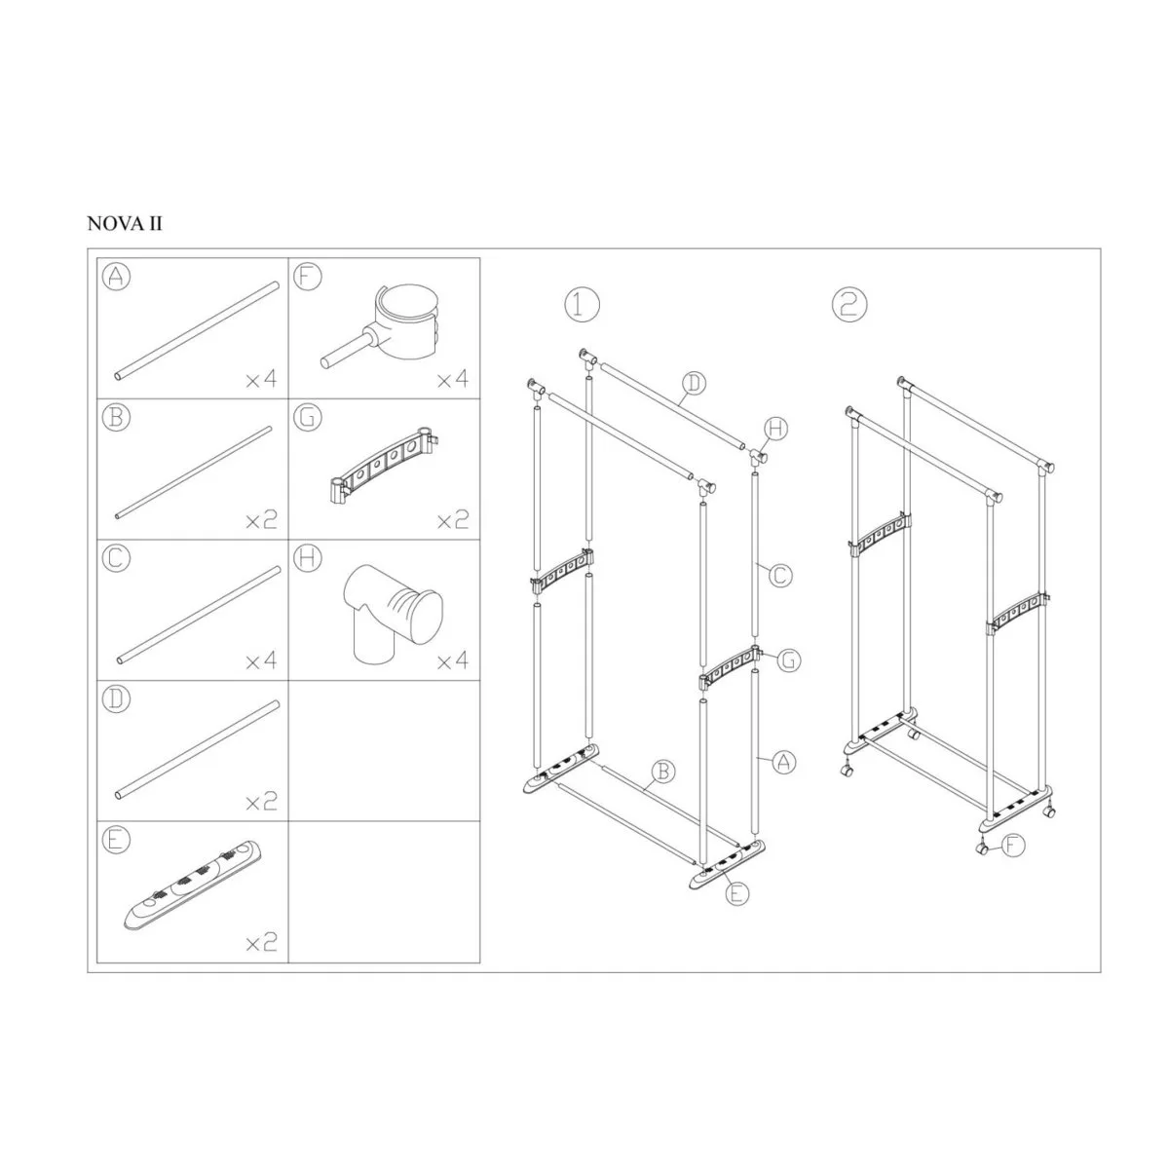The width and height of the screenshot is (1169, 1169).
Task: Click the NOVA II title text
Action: [x=125, y=224]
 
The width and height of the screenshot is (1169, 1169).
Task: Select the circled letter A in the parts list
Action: [x=116, y=277]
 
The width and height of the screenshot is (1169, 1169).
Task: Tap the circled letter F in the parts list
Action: [x=307, y=277]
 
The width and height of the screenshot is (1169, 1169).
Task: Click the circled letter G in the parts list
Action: [x=307, y=418]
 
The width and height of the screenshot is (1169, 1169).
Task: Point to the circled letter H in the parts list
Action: [x=307, y=558]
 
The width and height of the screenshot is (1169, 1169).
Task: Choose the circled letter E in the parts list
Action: [x=116, y=840]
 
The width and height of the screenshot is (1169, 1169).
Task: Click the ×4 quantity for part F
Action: [x=453, y=380]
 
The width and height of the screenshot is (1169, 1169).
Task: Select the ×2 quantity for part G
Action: [x=453, y=520]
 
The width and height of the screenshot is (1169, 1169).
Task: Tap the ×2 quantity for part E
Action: [x=261, y=942]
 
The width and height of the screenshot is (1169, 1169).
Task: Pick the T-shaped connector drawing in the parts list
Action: [x=392, y=614]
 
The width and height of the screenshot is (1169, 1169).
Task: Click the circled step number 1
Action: [x=583, y=305]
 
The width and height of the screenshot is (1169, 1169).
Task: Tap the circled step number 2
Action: [x=849, y=305]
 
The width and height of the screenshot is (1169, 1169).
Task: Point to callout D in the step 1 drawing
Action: [x=694, y=383]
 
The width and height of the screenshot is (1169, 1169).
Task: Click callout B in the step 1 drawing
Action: [x=662, y=772]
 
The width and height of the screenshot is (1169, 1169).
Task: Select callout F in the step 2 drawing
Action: [x=1012, y=845]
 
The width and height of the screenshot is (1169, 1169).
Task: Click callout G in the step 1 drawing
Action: [x=789, y=660]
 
